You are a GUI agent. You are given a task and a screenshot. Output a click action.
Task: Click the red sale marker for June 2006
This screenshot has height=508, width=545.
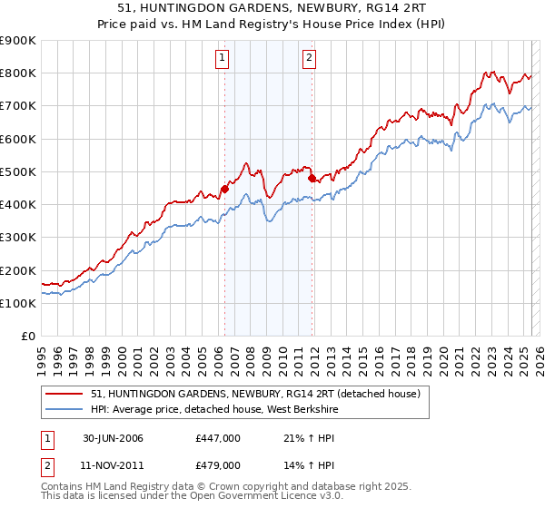[224, 190]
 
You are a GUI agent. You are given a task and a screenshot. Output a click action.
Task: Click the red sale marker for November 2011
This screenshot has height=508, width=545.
[312, 179]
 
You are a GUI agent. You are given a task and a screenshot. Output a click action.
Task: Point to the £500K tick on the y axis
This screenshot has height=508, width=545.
[18, 171]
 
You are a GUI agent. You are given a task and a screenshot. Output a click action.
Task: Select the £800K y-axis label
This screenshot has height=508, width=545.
[18, 73]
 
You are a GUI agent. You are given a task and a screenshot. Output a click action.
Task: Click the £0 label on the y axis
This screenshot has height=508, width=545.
[28, 336]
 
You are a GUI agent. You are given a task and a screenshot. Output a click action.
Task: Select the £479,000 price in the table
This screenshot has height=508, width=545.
[218, 464]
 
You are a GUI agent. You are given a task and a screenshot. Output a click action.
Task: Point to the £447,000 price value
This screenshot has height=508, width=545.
[218, 438]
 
